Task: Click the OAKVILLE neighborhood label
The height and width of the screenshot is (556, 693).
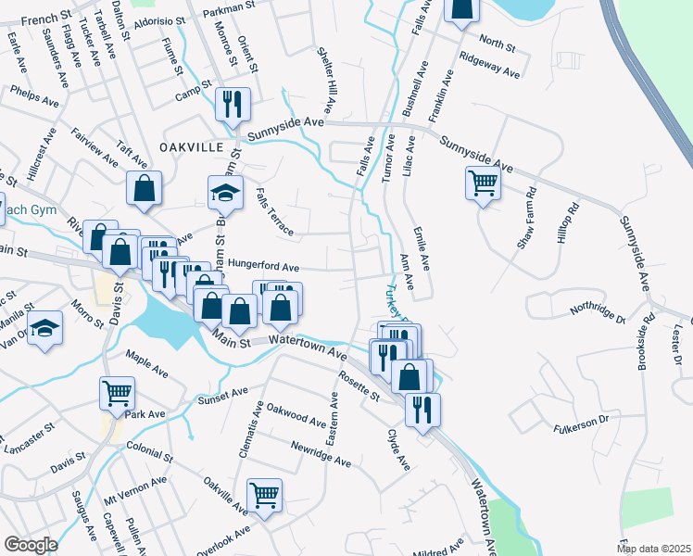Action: click(x=192, y=147)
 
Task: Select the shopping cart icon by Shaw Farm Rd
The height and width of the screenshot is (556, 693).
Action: click(x=483, y=183)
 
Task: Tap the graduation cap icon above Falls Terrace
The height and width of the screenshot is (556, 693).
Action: click(x=225, y=193)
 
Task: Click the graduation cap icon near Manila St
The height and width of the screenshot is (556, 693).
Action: click(x=45, y=330)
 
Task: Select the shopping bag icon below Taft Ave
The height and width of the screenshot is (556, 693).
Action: click(x=144, y=188)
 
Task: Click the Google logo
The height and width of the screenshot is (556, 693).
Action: click(x=31, y=545)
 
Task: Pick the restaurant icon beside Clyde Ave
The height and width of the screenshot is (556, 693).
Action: click(x=422, y=409)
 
